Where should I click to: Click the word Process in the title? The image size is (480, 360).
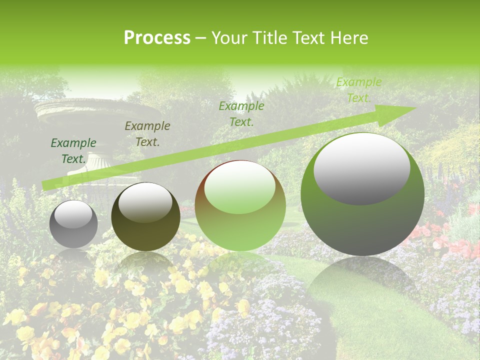point(157,38)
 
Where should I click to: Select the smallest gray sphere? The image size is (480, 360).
point(73,224)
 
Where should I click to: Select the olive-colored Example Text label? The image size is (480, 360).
point(147,134)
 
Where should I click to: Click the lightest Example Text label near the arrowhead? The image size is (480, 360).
point(358,90)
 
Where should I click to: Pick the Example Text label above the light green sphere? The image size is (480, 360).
point(241,113)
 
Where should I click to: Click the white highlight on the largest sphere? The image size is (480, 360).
point(362,169)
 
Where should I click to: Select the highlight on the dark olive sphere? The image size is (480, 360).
point(145,202)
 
